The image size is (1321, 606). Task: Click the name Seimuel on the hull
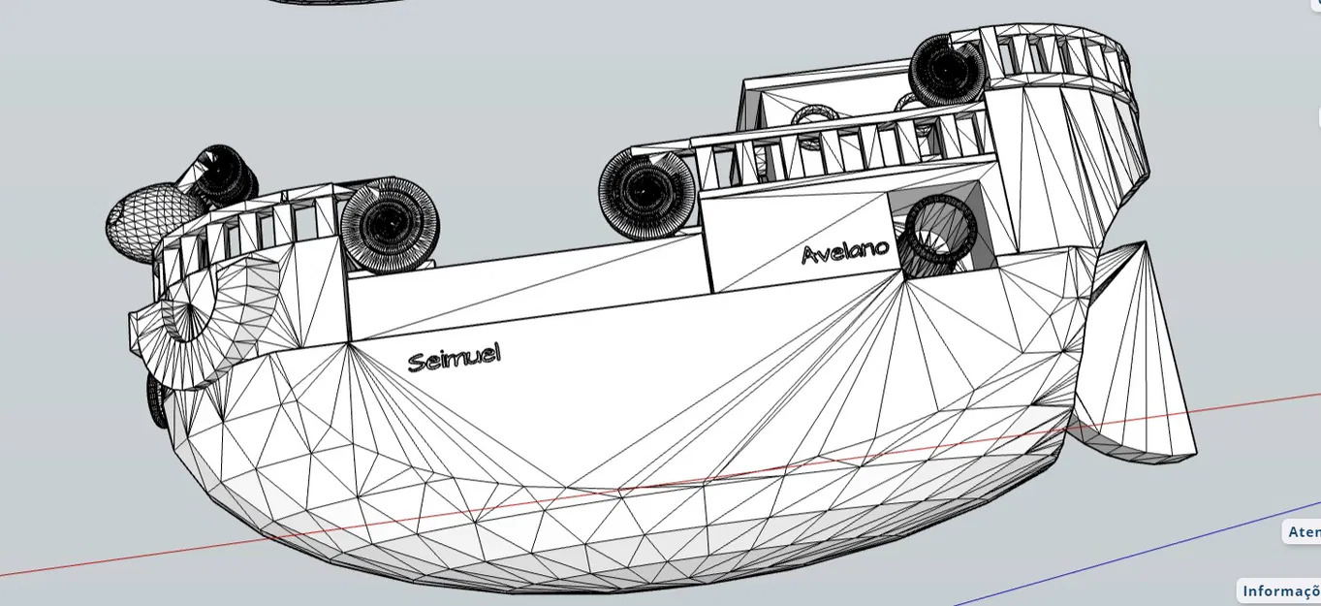click(x=454, y=358)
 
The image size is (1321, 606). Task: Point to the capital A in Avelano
click(x=810, y=255)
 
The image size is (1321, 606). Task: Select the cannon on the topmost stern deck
click(x=946, y=70)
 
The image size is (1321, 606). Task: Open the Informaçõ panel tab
click(x=1280, y=590)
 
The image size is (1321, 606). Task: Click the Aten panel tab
click(x=1303, y=531)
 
